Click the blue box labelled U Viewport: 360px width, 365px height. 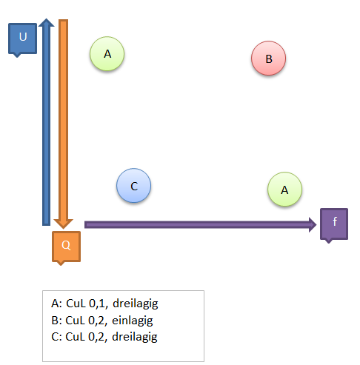pos(22,38)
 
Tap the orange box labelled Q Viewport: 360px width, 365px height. pos(66,247)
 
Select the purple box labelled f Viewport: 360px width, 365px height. pos(334,224)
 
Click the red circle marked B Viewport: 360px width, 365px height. pos(269,58)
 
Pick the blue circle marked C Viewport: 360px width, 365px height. pos(133,186)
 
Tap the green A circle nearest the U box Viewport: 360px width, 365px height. pos(107,54)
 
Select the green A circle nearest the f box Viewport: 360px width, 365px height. pos(284,190)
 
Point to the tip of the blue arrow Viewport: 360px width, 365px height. pos(46,19)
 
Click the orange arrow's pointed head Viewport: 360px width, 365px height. pos(63,227)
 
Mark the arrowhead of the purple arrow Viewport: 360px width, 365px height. pos(316,224)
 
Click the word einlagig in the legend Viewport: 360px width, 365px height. pos(133,321)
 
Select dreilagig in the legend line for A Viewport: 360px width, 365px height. pos(136,304)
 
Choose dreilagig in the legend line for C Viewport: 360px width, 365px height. pos(135,337)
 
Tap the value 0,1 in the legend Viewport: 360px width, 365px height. pos(99,304)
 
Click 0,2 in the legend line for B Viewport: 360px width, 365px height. pos(98,321)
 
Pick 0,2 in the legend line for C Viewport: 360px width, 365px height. pos(98,337)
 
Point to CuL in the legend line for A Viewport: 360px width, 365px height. pos(76,304)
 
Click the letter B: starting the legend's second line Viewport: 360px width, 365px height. pos(56,321)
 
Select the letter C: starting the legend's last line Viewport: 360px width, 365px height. pos(56,337)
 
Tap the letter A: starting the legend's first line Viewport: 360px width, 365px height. pos(57,304)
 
